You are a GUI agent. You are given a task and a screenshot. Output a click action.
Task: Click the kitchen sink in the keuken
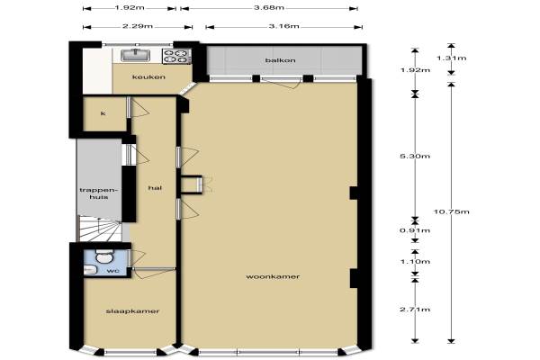pos(135,55)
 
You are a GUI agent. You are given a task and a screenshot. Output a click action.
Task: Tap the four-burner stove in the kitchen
pos(176,57)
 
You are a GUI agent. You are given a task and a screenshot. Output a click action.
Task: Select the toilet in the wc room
pos(104,256)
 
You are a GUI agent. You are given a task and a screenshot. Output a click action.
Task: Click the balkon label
pos(280,60)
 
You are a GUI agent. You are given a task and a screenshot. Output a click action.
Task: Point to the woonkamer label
pos(273,276)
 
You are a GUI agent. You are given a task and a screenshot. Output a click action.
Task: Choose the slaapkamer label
pos(132,311)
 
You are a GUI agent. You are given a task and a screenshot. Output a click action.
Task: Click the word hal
pos(155,188)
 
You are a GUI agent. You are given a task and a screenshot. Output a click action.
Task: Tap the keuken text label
pos(148,76)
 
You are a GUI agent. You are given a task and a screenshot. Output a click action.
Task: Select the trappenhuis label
pos(99,193)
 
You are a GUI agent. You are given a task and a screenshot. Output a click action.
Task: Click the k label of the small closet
pos(103,113)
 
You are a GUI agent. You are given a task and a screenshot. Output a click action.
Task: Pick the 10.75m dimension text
pos(451,211)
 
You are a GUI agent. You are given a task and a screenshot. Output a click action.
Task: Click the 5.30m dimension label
pos(415,156)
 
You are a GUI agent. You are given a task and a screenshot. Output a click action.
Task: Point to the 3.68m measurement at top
pos(269,7)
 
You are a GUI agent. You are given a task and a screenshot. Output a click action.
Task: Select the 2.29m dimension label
pos(138,26)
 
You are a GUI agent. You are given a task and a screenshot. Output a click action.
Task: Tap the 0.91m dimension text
pos(415,230)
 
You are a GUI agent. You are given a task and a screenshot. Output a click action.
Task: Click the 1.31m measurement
pos(451,58)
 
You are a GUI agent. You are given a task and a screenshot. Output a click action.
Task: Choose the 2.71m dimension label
pos(415,310)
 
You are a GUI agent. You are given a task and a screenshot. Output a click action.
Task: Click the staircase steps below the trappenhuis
pos(100,229)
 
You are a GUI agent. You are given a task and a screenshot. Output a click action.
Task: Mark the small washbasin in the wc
pos(90,270)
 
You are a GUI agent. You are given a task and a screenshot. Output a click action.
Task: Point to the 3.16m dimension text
pos(283,26)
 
